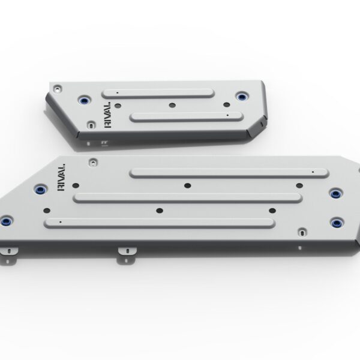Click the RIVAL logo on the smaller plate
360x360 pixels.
coord(107,115)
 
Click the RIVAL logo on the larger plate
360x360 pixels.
coord(61,178)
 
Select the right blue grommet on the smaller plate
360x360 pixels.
coord(242,97)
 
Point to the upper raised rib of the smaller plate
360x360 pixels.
coord(158,94)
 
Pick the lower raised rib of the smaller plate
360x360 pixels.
coord(187,117)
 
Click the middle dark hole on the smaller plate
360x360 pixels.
coord(172,106)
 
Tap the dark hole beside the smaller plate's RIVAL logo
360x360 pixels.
coord(118,106)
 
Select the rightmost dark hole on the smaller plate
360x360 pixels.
coord(227,104)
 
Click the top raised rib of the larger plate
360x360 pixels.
coord(229,173)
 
